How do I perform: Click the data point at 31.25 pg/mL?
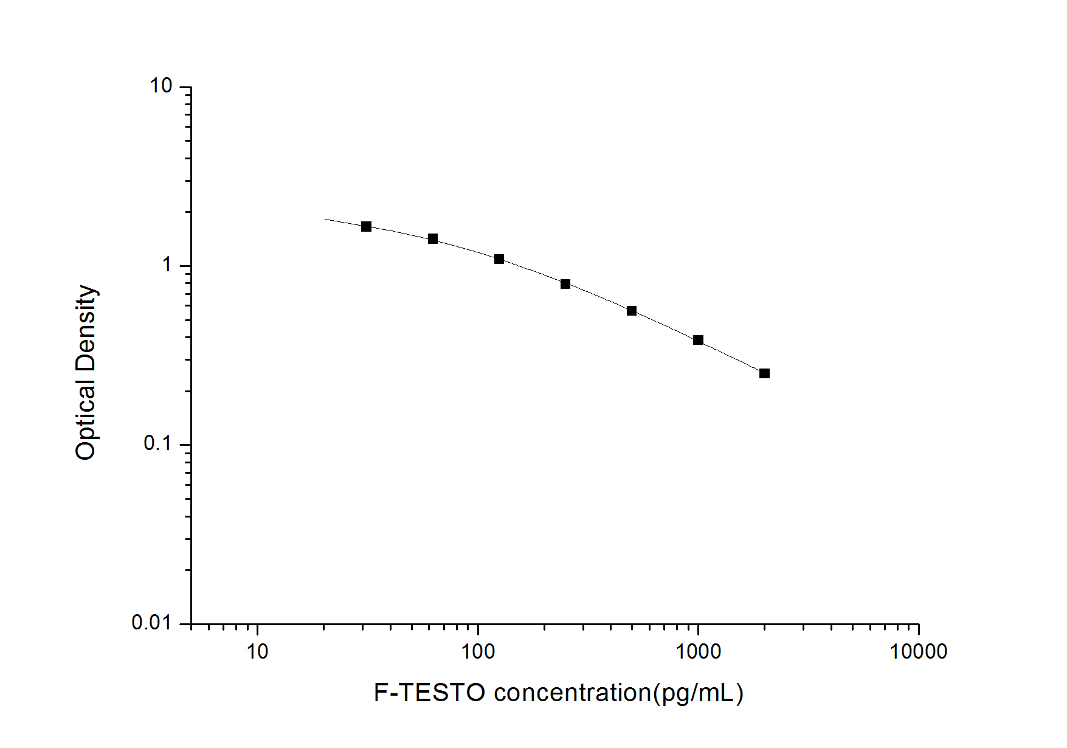click(366, 227)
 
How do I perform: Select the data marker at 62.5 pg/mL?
click(433, 239)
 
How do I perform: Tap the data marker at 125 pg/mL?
click(499, 259)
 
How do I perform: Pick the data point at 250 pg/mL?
click(565, 284)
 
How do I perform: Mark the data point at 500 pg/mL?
click(632, 311)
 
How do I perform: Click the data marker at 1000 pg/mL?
click(698, 340)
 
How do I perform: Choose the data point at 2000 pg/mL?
click(764, 373)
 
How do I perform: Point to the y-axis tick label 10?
click(162, 86)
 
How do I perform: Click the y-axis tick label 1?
click(167, 265)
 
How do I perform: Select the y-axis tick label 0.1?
click(158, 444)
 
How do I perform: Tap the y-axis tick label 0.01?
click(152, 623)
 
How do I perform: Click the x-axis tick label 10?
click(257, 652)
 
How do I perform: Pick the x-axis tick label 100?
click(478, 652)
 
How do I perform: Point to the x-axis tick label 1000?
click(699, 652)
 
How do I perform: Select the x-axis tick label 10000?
click(919, 652)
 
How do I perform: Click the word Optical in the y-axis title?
click(86, 420)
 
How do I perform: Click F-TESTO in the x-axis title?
click(429, 693)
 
